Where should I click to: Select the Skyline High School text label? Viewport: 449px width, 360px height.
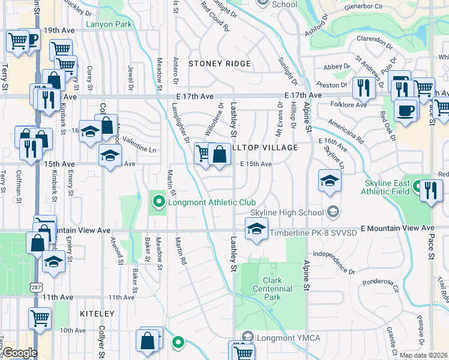[x=286, y=212]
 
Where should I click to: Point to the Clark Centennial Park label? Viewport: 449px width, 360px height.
[x=277, y=289]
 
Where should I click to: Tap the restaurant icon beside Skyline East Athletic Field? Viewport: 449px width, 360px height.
[x=430, y=190]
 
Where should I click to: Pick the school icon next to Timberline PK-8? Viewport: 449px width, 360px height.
[x=256, y=229]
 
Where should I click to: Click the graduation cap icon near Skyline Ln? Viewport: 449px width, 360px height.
[x=330, y=180]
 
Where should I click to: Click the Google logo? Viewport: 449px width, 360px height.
[x=19, y=353]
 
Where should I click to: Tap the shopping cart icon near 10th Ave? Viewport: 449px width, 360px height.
[x=40, y=318]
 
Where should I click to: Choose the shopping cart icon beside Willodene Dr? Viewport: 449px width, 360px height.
[x=203, y=154]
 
